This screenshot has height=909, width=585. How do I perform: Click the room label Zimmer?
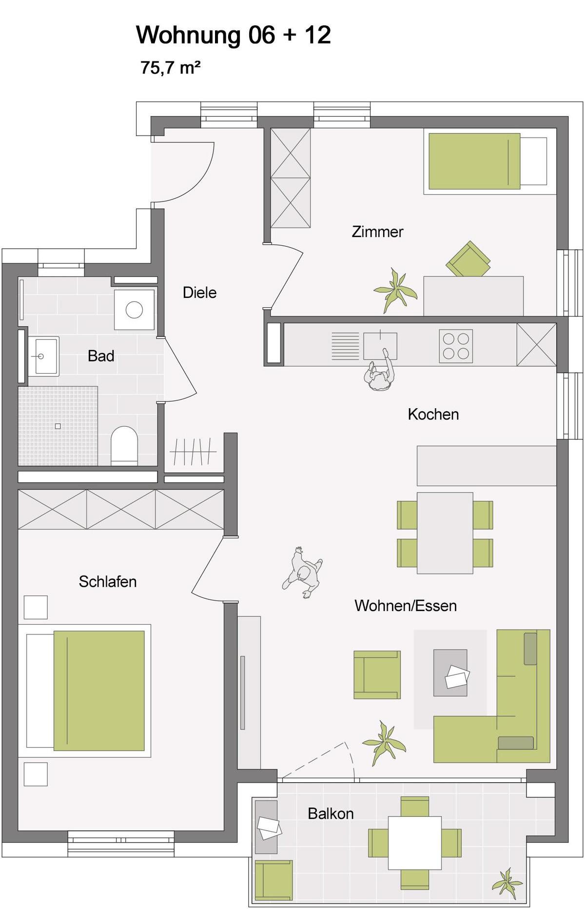(x=377, y=232)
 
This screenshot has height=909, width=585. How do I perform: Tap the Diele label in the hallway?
(x=199, y=293)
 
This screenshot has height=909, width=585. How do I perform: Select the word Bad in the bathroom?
(x=101, y=356)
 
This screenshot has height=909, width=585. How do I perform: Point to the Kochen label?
(x=433, y=415)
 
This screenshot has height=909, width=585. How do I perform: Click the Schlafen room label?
(x=108, y=581)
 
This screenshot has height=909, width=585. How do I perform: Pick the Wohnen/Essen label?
(x=406, y=606)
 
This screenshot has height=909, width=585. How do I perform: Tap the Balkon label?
(x=331, y=813)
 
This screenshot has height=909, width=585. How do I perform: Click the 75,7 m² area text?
(x=171, y=67)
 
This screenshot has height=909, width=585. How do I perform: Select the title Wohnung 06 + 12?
(x=234, y=35)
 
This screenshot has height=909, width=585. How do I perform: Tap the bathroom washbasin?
(x=43, y=356)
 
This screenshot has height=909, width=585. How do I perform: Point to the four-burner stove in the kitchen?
(x=456, y=346)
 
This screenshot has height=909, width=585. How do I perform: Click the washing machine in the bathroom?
(x=134, y=310)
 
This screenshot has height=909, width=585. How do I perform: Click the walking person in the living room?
(x=303, y=573)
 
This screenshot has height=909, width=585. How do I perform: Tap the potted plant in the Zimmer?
(x=395, y=291)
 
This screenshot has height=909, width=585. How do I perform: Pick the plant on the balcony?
(x=507, y=883)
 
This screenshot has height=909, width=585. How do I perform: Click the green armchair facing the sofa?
(x=377, y=675)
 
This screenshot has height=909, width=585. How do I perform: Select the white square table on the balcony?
(x=415, y=843)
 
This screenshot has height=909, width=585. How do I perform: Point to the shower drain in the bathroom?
(x=58, y=426)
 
